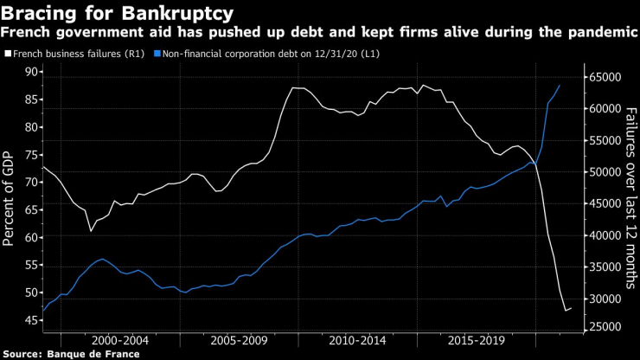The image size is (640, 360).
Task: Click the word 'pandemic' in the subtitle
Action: pyautogui.click(x=599, y=32)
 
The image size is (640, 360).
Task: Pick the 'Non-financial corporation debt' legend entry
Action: pyautogui.click(x=251, y=54)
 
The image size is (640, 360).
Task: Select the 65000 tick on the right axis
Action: pyautogui.click(x=608, y=77)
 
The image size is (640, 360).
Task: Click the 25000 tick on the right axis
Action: pyautogui.click(x=608, y=326)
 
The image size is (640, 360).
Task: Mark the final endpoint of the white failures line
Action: pyautogui.click(x=572, y=308)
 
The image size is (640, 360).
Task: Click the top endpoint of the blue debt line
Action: pyautogui.click(x=560, y=85)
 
